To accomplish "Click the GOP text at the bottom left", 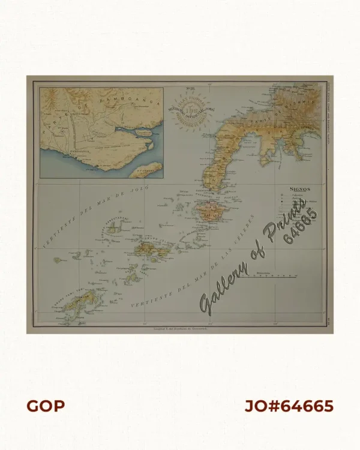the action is [x=46, y=406].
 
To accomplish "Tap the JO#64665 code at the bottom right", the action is [x=289, y=406].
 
